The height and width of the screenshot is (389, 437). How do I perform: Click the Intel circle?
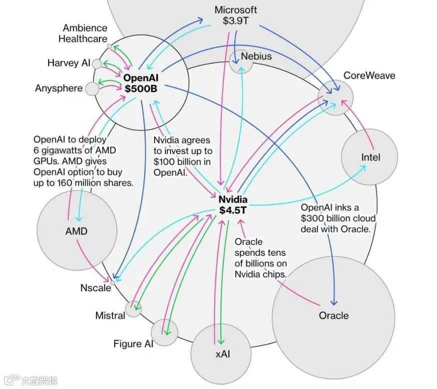tap(369, 157)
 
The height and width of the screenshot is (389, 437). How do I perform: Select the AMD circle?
tap(76, 231)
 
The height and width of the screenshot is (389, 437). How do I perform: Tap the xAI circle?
tap(222, 354)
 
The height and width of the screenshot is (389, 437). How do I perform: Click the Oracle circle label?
tap(333, 315)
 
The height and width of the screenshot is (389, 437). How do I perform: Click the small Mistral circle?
tap(133, 308)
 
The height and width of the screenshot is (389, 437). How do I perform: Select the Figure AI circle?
tap(164, 332)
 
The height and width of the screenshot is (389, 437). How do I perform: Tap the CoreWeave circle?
tap(335, 97)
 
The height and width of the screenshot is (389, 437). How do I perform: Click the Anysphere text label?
tap(58, 88)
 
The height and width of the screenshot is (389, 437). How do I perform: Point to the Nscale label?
tap(95, 288)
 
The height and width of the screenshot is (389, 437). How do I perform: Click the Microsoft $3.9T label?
tap(235, 15)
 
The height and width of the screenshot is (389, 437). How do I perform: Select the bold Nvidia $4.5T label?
tap(233, 205)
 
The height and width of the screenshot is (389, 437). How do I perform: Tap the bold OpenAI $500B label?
tap(141, 83)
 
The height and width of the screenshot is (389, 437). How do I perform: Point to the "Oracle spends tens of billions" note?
tap(260, 258)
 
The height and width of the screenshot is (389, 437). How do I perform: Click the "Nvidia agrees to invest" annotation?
tap(182, 156)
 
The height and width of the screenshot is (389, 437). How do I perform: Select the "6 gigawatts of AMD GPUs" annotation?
tap(83, 161)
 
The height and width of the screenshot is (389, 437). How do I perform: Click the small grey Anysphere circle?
tap(92, 89)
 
